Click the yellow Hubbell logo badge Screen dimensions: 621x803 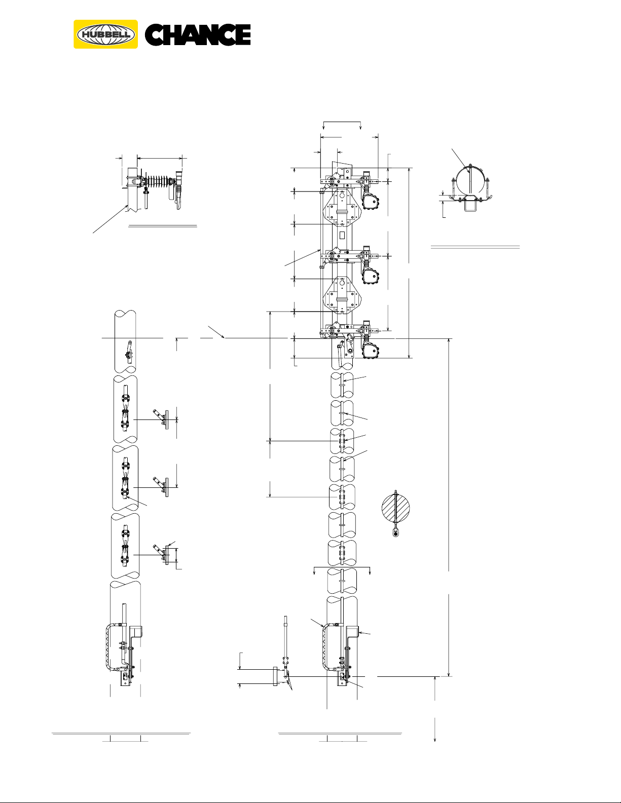pos(106,34)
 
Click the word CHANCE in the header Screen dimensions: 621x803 pos(198,35)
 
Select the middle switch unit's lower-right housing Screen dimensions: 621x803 pos(371,276)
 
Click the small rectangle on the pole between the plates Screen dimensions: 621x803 pos(342,235)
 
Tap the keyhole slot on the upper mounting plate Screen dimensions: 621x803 pos(342,195)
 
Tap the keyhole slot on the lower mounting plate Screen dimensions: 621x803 pos(342,283)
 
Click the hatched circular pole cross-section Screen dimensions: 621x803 pos(395,507)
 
